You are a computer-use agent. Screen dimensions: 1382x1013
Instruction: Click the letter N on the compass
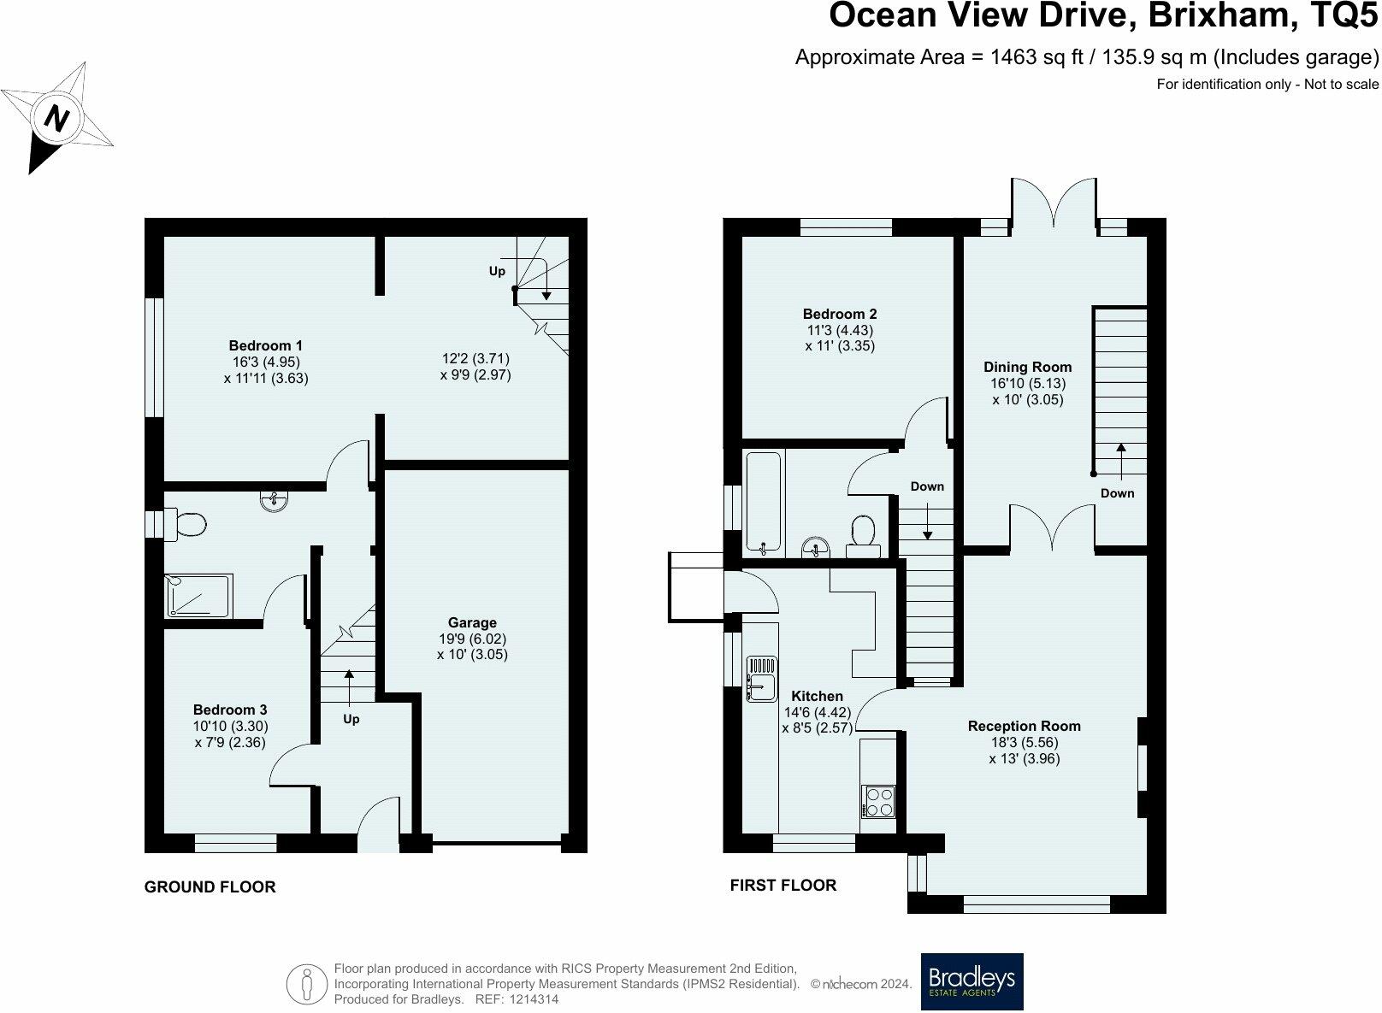pyautogui.click(x=56, y=118)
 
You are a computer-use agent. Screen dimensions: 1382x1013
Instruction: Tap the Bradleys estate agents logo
pyautogui.click(x=972, y=981)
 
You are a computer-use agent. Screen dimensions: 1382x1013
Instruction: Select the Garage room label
pyautogui.click(x=472, y=622)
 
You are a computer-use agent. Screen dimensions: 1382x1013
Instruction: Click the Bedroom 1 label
pyautogui.click(x=265, y=345)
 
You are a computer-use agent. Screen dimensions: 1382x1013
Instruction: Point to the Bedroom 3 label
pyautogui.click(x=230, y=710)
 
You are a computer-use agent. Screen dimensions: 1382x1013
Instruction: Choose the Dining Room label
pyautogui.click(x=1027, y=367)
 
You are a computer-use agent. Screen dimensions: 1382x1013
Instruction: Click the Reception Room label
pyautogui.click(x=1025, y=726)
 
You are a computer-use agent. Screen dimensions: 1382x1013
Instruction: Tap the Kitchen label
pyautogui.click(x=817, y=696)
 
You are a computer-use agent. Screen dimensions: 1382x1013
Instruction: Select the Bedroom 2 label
pyautogui.click(x=840, y=314)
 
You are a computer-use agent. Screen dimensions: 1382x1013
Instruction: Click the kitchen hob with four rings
pyautogui.click(x=877, y=802)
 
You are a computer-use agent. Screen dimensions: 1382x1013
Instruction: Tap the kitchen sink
pyautogui.click(x=762, y=679)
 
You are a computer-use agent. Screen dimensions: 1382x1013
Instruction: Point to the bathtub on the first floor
pyautogui.click(x=763, y=501)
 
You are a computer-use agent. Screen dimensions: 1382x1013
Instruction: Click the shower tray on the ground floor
pyautogui.click(x=198, y=595)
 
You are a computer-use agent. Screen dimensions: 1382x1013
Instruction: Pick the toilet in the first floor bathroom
pyautogui.click(x=863, y=536)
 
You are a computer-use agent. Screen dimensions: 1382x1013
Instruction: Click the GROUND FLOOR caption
pyautogui.click(x=210, y=886)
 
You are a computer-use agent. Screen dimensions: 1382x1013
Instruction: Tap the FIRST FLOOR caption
pyautogui.click(x=783, y=885)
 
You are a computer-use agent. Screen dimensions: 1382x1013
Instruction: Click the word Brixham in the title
pyautogui.click(x=1220, y=15)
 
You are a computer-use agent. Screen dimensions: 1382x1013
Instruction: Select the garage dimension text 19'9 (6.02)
pyautogui.click(x=473, y=638)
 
